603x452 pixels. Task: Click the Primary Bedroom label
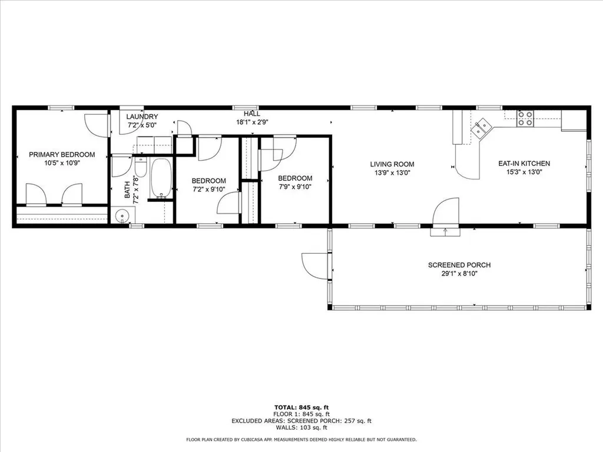click(62, 155)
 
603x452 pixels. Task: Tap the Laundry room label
click(142, 117)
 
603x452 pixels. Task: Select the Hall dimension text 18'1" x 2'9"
click(252, 122)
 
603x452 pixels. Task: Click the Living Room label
click(392, 164)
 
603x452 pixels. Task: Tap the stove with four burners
click(525, 119)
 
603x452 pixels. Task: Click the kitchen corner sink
click(483, 125)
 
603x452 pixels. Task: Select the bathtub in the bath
click(160, 178)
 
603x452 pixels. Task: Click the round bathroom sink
click(121, 216)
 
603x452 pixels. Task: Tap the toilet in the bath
click(141, 165)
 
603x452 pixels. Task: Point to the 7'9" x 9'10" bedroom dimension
click(295, 187)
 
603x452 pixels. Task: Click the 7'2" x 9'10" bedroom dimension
click(208, 189)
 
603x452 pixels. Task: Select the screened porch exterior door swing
click(312, 265)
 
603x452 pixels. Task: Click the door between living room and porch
click(446, 212)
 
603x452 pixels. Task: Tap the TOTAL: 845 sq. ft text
click(301, 407)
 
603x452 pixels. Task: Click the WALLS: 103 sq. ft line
click(301, 428)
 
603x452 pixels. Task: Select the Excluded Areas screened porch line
click(301, 421)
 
